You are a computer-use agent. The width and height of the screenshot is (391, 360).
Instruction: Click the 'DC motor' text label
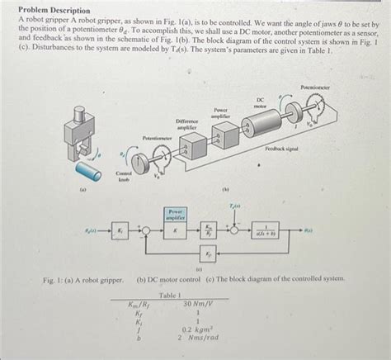[260, 102]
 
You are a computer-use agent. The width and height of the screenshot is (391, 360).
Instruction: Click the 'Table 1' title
[169, 295]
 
